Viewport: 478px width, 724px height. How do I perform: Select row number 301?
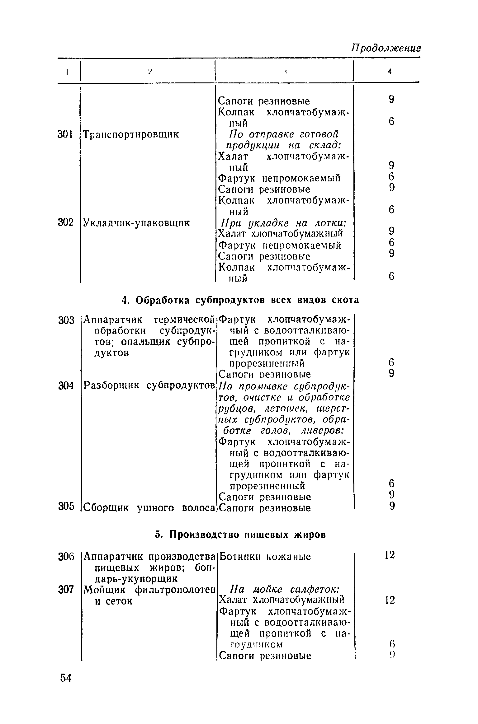(x=65, y=134)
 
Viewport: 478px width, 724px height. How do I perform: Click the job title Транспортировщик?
(x=131, y=135)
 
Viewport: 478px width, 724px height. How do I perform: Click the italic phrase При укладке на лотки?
(x=284, y=223)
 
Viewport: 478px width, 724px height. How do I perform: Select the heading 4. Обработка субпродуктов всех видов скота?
(x=240, y=300)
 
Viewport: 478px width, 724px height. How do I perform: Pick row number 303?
(x=66, y=320)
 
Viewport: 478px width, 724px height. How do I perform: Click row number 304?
(x=66, y=386)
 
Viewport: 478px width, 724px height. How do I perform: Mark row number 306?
(x=66, y=557)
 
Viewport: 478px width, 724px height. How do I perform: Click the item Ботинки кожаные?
(x=265, y=557)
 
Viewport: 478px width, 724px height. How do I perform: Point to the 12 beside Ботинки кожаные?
(x=390, y=555)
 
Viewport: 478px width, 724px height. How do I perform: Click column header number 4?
(x=389, y=72)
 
